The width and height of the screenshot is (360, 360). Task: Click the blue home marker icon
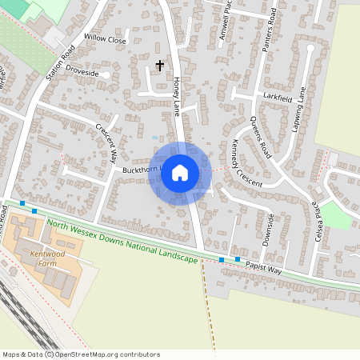click(x=180, y=172)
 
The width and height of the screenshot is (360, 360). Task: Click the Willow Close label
click(x=106, y=39)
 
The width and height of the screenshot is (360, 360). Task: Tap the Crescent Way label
click(x=107, y=141)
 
